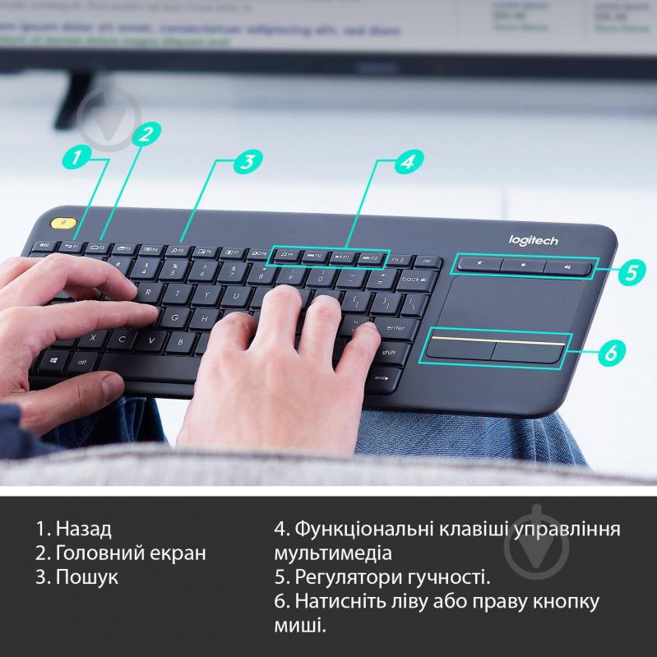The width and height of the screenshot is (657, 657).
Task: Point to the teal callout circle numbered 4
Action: [404, 162]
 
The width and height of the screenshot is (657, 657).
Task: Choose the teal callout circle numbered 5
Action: [629, 273]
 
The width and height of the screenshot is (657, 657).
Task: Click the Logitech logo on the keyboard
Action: [533, 240]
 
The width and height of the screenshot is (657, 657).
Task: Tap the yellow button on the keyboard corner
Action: [62, 224]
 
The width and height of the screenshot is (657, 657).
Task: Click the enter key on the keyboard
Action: [395, 327]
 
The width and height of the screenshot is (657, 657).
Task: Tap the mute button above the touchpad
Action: [479, 266]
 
